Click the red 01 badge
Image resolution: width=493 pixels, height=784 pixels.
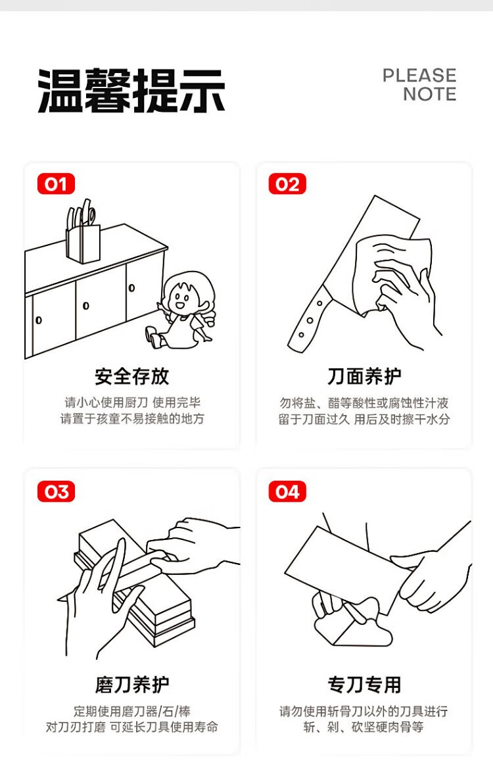click(x=56, y=184)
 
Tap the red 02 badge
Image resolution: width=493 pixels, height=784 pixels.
click(x=287, y=184)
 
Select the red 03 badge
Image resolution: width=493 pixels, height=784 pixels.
click(x=56, y=492)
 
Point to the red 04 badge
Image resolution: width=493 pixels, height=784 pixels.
click(x=287, y=492)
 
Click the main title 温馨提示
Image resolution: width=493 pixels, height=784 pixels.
click(x=131, y=91)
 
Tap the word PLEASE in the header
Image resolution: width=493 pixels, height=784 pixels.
click(x=419, y=76)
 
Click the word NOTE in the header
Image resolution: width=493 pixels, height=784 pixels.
click(x=429, y=94)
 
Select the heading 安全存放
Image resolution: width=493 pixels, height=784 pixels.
click(x=132, y=376)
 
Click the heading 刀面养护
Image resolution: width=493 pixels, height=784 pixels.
click(x=364, y=376)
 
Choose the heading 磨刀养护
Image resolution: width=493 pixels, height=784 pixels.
click(x=132, y=685)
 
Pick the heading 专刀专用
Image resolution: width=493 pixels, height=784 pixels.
click(x=364, y=685)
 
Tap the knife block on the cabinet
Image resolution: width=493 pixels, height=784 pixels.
click(x=82, y=244)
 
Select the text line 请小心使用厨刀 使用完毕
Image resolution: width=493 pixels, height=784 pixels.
click(x=132, y=403)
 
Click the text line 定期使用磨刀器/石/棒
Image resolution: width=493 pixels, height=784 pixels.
click(x=132, y=711)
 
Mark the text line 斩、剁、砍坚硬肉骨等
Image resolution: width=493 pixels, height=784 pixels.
click(x=364, y=727)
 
